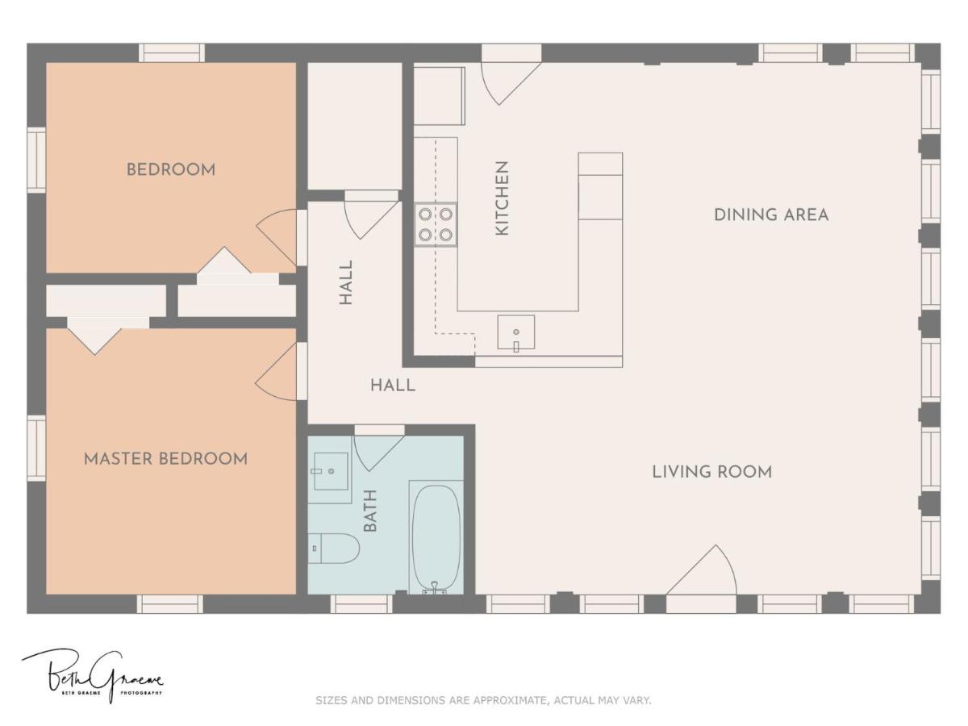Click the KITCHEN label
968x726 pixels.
point(503,198)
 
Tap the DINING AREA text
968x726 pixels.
point(771,215)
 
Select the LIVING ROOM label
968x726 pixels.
point(711,472)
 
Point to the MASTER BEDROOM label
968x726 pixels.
point(166,459)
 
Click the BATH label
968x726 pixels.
point(370,511)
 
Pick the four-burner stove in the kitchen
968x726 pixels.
point(436,225)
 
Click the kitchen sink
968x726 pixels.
point(516,332)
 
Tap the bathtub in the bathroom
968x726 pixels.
point(436,537)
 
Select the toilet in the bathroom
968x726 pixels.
point(333,549)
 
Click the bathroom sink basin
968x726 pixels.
point(331,471)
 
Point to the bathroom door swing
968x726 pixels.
point(378,452)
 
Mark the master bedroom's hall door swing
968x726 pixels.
point(276,372)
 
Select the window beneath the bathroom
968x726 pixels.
point(361,604)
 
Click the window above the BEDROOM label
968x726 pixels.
point(172,53)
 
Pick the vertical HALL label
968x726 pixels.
point(346,282)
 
